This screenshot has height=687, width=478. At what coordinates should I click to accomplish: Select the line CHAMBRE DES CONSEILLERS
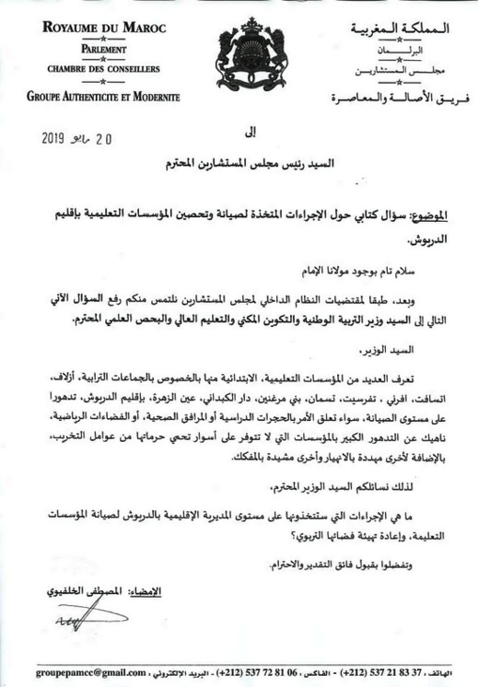pos(102,69)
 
